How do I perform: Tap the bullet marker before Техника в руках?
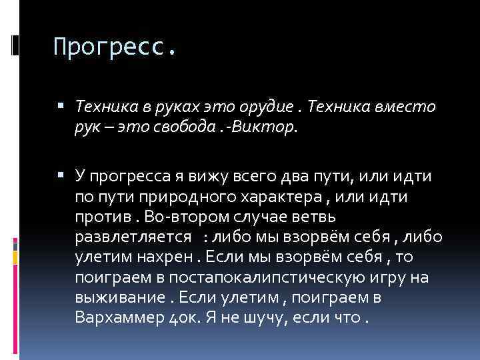tap(61, 105)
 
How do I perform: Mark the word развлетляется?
tap(133, 237)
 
